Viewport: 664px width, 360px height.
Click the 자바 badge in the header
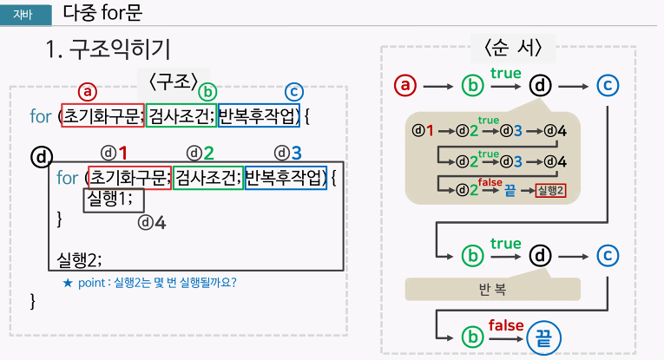[24, 13]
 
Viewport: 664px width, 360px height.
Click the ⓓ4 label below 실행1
[152, 222]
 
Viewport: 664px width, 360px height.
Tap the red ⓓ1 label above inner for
[114, 153]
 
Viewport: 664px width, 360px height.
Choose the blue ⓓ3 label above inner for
[288, 153]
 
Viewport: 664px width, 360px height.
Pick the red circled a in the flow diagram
[406, 86]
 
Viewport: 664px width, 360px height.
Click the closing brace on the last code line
[34, 300]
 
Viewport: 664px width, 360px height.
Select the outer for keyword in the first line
[39, 115]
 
